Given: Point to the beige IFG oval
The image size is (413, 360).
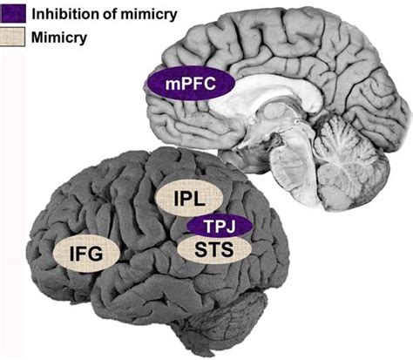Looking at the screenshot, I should click(85, 253).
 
